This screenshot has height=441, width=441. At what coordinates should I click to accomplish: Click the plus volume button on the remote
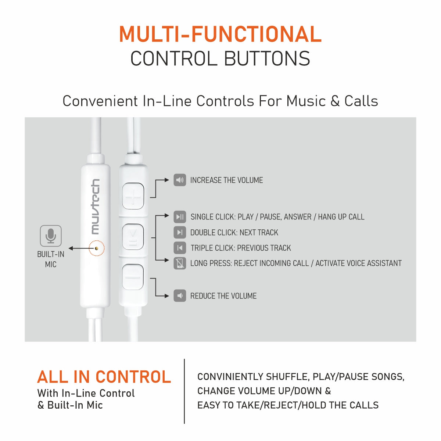click(x=133, y=196)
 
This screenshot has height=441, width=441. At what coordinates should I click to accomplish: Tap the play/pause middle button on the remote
click(x=133, y=237)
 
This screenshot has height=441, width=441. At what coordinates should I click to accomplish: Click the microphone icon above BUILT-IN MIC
click(x=51, y=236)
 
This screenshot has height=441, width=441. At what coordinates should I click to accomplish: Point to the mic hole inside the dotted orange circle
click(x=97, y=248)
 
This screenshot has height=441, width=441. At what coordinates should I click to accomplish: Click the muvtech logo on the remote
click(x=96, y=207)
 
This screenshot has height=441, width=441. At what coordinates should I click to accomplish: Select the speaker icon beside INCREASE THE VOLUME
click(x=180, y=180)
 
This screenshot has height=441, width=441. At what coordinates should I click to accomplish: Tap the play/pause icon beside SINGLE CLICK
click(x=180, y=217)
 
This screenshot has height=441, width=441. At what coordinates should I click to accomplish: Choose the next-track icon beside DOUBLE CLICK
click(x=180, y=232)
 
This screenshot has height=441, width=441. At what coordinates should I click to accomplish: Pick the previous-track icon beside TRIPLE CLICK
click(x=180, y=248)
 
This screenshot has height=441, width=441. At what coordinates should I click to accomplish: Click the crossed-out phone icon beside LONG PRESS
click(x=180, y=263)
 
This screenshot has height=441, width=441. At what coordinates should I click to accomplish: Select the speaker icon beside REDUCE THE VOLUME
click(x=180, y=296)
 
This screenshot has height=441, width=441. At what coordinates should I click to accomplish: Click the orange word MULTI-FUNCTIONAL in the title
click(x=220, y=34)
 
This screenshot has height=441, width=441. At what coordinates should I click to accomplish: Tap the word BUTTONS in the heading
click(x=267, y=58)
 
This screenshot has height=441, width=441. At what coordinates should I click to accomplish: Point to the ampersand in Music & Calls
click(x=335, y=101)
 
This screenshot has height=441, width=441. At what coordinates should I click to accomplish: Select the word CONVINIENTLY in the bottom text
click(x=230, y=377)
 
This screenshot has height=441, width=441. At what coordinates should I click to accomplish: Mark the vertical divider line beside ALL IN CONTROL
click(x=184, y=391)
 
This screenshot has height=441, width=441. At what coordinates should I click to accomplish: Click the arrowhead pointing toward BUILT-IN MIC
click(x=71, y=248)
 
